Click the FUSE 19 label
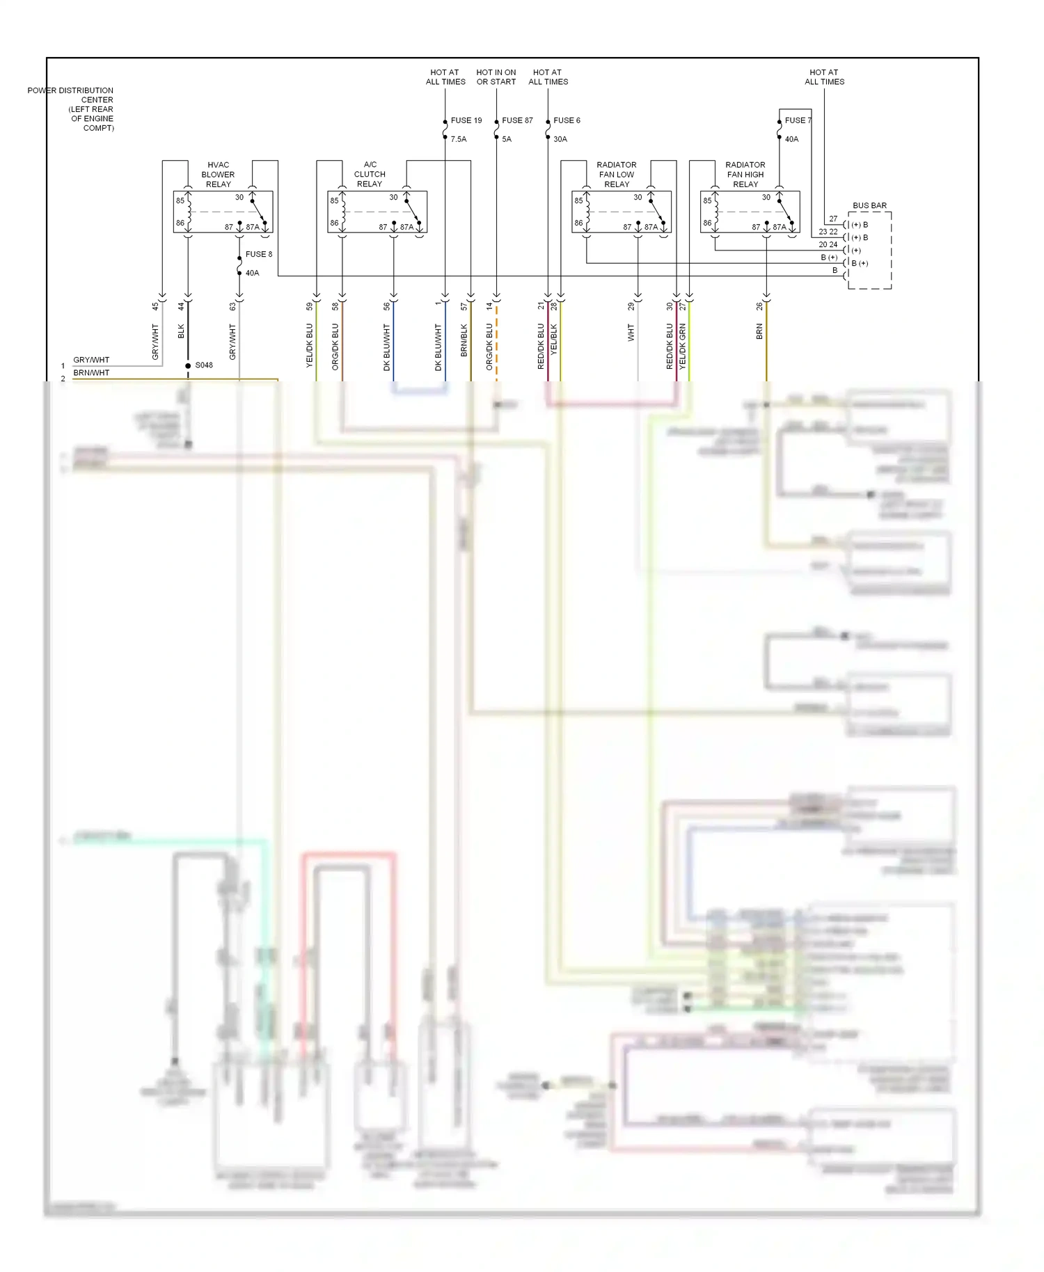[466, 120]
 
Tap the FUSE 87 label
[517, 120]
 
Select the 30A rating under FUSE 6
[560, 139]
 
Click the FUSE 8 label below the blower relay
[258, 255]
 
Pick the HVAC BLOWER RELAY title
[218, 175]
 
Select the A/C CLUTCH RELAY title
[370, 175]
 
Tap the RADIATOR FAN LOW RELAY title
[617, 175]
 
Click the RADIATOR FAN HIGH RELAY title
[745, 175]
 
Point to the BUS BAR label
[869, 206]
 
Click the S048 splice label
[204, 365]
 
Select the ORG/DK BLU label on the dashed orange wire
[489, 346]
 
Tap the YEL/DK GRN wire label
[683, 346]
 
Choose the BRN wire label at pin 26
[759, 332]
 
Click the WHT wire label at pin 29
[631, 333]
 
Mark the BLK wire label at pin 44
[181, 331]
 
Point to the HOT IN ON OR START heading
[496, 77]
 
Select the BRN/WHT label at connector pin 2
[91, 373]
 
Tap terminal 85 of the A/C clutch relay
[334, 201]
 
